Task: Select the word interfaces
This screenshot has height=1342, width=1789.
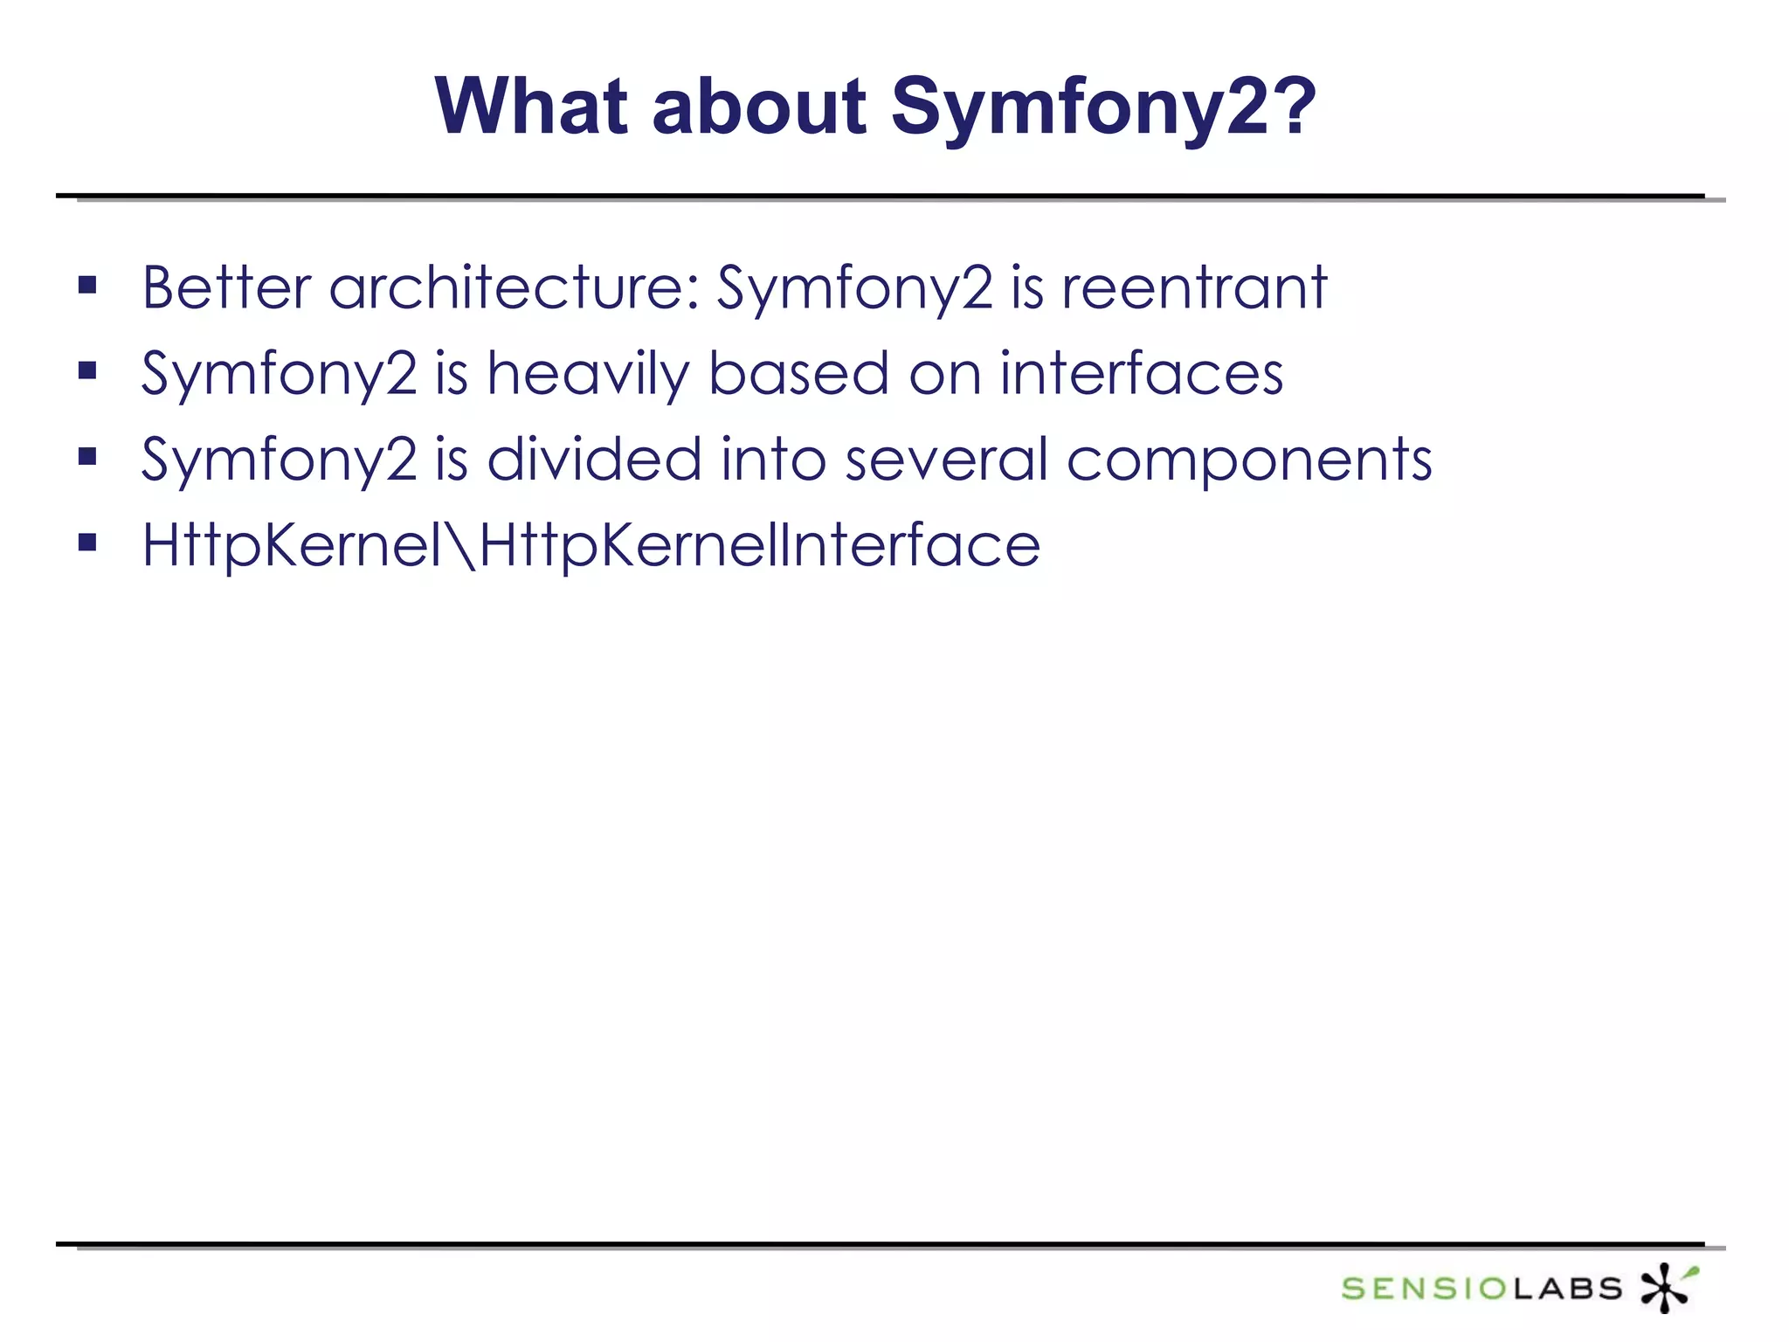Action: tap(1141, 373)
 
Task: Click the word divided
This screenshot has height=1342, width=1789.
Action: tap(593, 459)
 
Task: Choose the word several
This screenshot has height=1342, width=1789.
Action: tap(946, 459)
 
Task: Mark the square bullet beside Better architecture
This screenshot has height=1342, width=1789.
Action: tap(87, 285)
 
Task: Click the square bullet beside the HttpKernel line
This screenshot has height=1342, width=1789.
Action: tap(87, 543)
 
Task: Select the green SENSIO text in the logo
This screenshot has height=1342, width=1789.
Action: tap(1426, 1288)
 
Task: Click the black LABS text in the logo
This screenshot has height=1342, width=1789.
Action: tap(1567, 1288)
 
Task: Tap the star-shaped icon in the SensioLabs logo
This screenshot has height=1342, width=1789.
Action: tap(1667, 1287)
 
